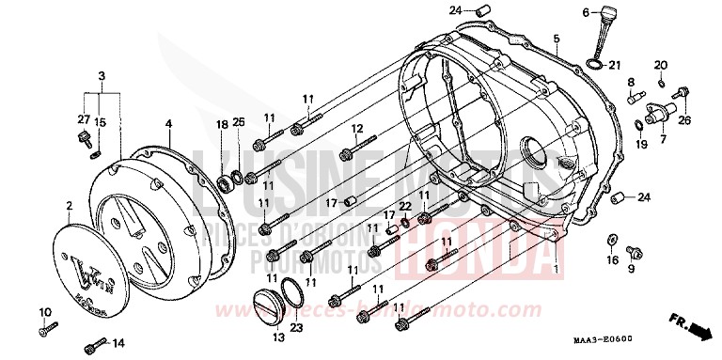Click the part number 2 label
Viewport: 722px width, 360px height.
coord(69,205)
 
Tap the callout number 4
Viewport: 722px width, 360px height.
coord(168,123)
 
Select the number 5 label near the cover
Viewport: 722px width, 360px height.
coord(556,39)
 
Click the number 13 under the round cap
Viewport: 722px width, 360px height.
coord(277,338)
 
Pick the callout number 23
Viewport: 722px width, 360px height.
coord(298,327)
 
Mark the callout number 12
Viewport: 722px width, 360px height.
coord(357,129)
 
